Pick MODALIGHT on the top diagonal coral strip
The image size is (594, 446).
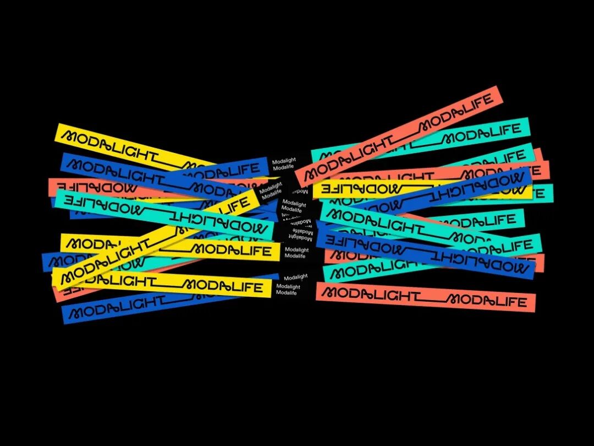346,162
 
